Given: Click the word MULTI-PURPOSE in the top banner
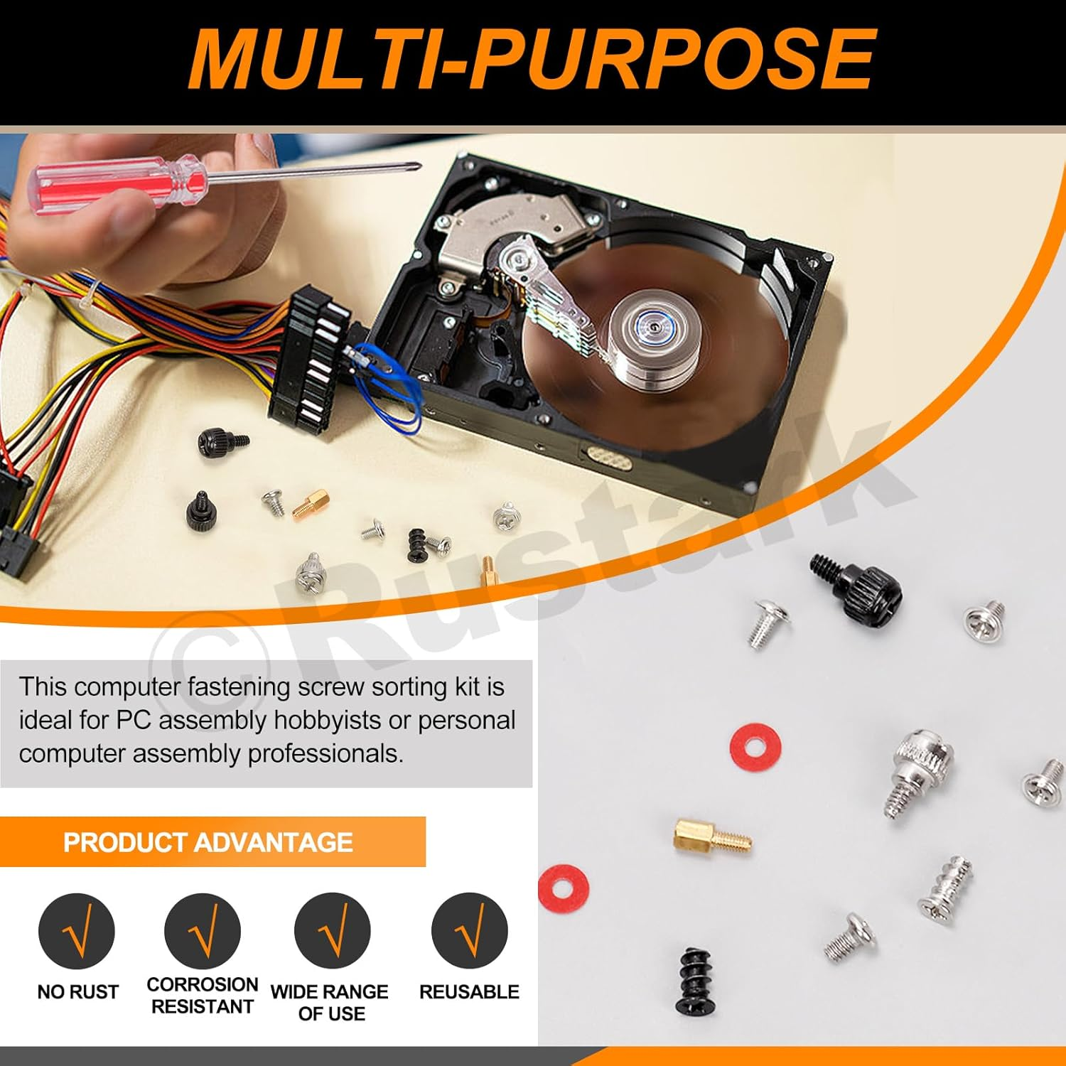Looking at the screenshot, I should pyautogui.click(x=532, y=60).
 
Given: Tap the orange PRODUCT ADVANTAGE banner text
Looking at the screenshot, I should pyautogui.click(x=208, y=842).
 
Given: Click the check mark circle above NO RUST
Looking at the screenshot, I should pyautogui.click(x=77, y=931).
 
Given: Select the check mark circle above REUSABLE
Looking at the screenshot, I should pyautogui.click(x=469, y=931).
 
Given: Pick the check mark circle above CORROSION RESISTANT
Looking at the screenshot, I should pyautogui.click(x=202, y=931).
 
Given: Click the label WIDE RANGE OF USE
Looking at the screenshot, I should pyautogui.click(x=330, y=1002).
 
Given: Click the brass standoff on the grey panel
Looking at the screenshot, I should pyautogui.click(x=711, y=836).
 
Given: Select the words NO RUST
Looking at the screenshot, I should pyautogui.click(x=77, y=991).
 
